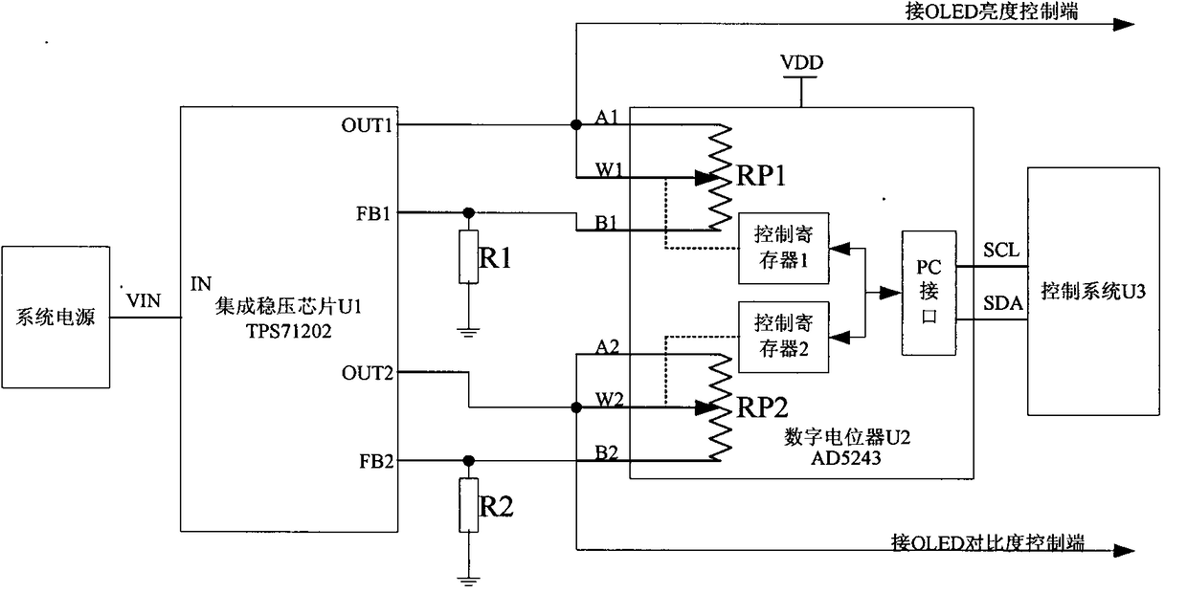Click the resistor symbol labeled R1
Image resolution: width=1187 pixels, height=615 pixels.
(468, 256)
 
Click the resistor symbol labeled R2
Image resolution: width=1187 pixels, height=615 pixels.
(468, 505)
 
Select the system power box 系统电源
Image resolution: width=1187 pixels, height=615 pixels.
(56, 317)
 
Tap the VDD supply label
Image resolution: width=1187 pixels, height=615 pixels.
(801, 62)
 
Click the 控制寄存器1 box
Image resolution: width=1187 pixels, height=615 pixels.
(784, 249)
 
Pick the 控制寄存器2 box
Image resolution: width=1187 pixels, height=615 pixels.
(784, 337)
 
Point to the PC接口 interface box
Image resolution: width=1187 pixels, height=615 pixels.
(929, 293)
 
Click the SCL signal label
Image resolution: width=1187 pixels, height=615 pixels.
(1001, 250)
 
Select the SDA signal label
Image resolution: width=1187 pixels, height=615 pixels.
(1002, 303)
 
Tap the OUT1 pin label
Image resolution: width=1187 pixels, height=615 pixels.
(367, 125)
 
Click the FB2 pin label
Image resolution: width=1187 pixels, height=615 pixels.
(376, 462)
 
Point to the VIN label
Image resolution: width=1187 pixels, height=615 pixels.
(143, 300)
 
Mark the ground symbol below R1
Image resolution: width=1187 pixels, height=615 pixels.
(468, 333)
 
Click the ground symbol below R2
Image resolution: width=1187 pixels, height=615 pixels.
(468, 582)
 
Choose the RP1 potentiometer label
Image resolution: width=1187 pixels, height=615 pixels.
(760, 175)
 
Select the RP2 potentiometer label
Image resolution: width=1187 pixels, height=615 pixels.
(762, 407)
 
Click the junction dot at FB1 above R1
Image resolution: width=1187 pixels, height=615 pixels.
(468, 212)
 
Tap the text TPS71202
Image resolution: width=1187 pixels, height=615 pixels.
(289, 331)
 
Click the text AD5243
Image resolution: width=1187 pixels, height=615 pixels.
(846, 458)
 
